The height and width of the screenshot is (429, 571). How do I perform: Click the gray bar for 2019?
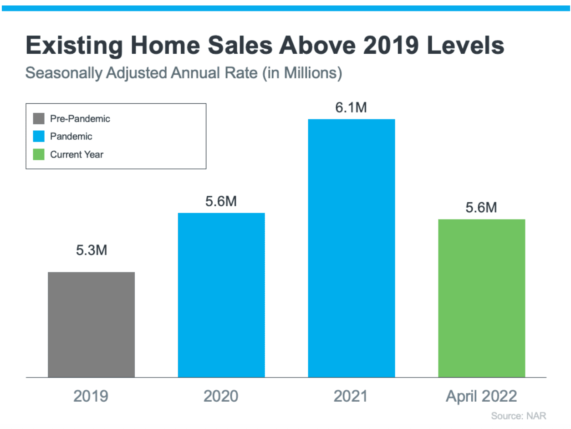(x=91, y=324)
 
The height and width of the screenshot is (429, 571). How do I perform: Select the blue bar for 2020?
(x=221, y=295)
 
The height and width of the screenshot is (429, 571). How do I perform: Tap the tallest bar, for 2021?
(x=351, y=248)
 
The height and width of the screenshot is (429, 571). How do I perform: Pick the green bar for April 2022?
(x=481, y=298)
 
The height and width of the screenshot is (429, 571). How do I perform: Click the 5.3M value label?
(x=92, y=250)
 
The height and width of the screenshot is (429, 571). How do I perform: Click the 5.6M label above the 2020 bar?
(x=221, y=202)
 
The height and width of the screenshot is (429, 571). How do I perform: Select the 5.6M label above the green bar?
(x=481, y=208)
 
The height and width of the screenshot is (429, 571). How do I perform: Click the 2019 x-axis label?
(x=91, y=396)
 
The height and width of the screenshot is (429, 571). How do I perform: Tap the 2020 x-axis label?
(x=221, y=396)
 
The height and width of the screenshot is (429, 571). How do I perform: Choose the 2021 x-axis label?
(x=351, y=396)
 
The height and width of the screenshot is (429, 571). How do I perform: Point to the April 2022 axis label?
(x=481, y=396)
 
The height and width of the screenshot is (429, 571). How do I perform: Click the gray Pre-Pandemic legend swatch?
(x=39, y=119)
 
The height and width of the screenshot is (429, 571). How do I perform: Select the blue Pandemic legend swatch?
(x=39, y=137)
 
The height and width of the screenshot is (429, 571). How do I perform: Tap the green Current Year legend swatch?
(x=39, y=154)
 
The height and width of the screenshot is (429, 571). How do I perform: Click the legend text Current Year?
(x=76, y=154)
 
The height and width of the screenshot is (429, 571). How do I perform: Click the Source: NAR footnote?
(x=518, y=416)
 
